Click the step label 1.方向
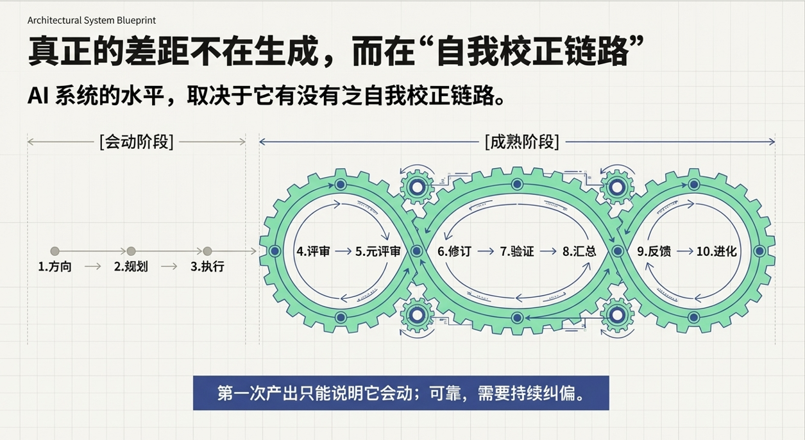[x=55, y=266]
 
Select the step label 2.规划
[x=131, y=266]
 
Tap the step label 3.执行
[x=207, y=266]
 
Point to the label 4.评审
[x=313, y=251]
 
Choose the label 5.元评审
[x=378, y=251]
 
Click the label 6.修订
[x=454, y=251]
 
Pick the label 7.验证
[x=517, y=251]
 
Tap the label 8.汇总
[x=579, y=251]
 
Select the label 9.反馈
[x=654, y=251]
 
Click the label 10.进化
[x=716, y=251]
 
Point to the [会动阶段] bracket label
[x=137, y=142]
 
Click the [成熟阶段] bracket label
[x=522, y=142]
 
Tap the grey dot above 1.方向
[x=55, y=251]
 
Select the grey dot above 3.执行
[x=207, y=251]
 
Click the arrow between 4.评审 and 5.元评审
[x=343, y=251]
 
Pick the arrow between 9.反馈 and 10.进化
[x=685, y=251]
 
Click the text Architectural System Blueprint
[x=92, y=20]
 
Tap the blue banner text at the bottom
[x=401, y=393]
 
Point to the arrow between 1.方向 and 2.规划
[x=93, y=266]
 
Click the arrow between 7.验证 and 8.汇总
[x=548, y=251]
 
